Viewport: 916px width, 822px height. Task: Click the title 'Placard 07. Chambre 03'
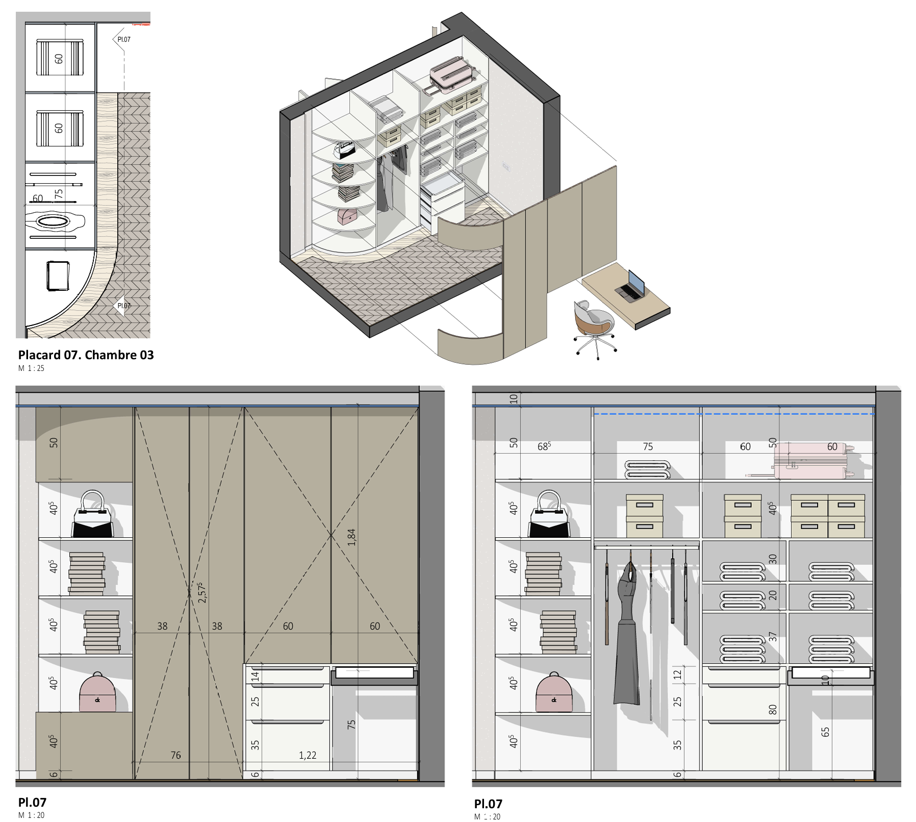[x=86, y=355]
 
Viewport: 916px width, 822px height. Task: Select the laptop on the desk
[x=630, y=285]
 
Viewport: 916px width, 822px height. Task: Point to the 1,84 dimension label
[x=351, y=537]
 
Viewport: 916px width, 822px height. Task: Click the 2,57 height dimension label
[x=202, y=592]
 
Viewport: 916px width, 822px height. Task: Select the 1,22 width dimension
[x=308, y=755]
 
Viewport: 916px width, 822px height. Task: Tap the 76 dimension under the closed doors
[x=175, y=755]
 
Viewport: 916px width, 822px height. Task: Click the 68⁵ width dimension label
[x=544, y=446]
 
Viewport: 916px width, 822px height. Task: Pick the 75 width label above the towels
[x=648, y=446]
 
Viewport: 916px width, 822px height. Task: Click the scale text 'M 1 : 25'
[x=32, y=368]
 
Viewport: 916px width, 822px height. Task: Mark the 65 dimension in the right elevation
[x=825, y=732]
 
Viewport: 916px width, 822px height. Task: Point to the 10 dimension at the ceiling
[x=514, y=399]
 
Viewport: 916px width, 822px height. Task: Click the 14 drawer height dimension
[x=255, y=676]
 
